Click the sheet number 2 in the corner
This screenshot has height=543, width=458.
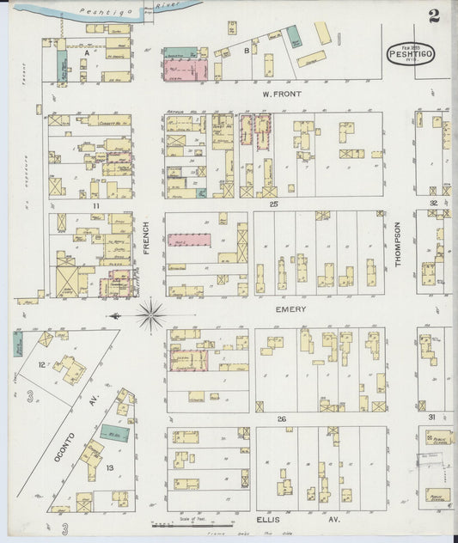(435, 15)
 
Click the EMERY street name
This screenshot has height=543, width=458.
(290, 308)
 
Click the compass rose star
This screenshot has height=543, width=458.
(150, 315)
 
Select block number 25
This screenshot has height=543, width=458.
(273, 204)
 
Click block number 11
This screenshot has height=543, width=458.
(97, 206)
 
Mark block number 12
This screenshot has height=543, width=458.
(41, 365)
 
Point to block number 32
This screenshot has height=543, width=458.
(433, 204)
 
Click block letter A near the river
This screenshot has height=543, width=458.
(87, 52)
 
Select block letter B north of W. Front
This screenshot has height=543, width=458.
(247, 50)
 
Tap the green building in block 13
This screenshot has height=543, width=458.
(114, 434)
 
